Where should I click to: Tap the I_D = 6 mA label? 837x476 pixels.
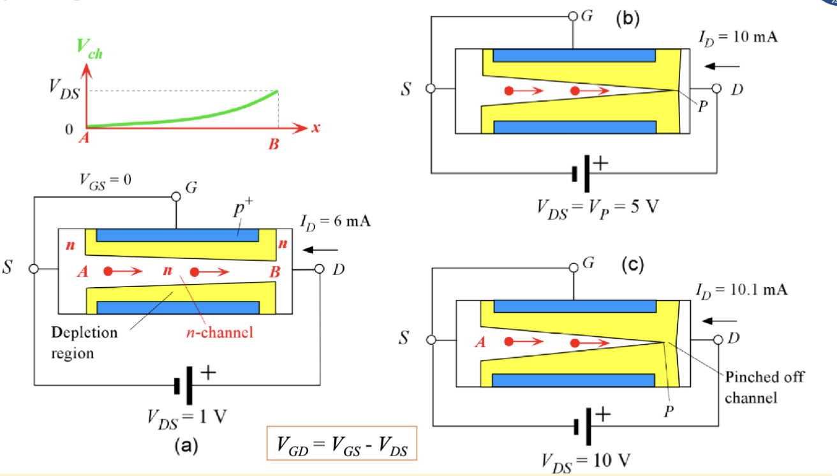(335, 222)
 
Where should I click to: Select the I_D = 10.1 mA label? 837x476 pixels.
(741, 289)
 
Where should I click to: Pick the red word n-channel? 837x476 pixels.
(223, 332)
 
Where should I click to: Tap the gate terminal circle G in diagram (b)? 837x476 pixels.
(572, 16)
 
